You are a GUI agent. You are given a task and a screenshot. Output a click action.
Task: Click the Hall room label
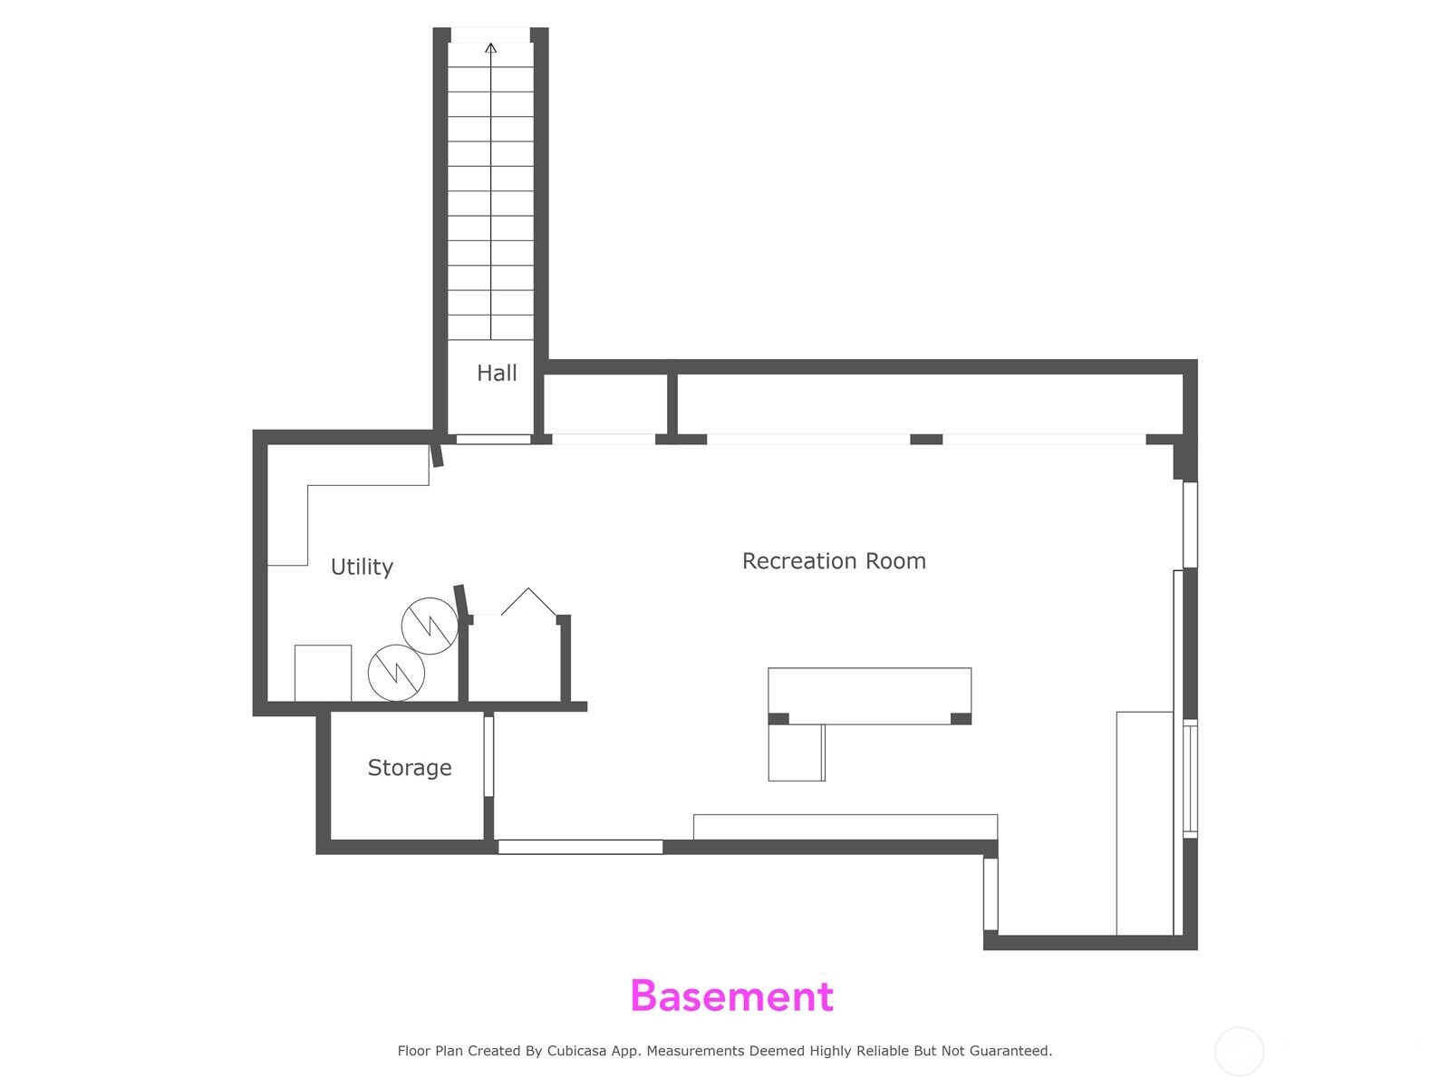click(x=497, y=373)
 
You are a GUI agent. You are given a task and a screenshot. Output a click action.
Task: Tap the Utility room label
click(x=362, y=567)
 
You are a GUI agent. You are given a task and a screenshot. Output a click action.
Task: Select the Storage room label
click(x=409, y=768)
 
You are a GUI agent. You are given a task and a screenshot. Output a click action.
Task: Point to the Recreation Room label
click(x=834, y=561)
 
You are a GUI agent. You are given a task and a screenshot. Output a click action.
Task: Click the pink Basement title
click(x=731, y=996)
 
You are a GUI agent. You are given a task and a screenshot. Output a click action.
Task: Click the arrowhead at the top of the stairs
click(x=491, y=47)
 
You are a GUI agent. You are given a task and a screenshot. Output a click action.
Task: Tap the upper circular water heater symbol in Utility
click(x=430, y=626)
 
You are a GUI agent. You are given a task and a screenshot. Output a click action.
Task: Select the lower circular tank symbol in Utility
click(x=396, y=673)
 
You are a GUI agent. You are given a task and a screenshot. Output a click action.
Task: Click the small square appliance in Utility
click(x=323, y=673)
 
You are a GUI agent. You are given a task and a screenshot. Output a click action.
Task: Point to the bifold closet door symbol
click(x=528, y=602)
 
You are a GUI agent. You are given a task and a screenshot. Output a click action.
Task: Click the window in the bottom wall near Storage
click(x=580, y=847)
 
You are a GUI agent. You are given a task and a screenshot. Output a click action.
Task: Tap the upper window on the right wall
click(x=1190, y=524)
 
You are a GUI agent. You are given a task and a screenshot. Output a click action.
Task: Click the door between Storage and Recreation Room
click(x=488, y=756)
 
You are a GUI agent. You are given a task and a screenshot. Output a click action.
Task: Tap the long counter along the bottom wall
click(x=845, y=827)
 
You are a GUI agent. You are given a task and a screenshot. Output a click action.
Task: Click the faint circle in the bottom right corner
click(x=1239, y=1052)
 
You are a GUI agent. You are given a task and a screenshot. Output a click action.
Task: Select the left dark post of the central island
click(x=778, y=719)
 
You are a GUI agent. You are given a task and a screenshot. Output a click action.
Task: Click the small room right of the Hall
click(x=605, y=403)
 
